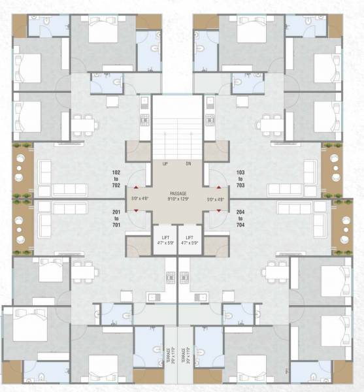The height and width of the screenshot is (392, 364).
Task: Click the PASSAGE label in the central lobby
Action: (178, 194)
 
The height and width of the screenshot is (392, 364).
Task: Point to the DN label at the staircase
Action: (188, 163)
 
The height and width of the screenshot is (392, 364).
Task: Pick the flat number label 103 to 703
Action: (240, 178)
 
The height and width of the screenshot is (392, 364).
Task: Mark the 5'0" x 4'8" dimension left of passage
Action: (141, 199)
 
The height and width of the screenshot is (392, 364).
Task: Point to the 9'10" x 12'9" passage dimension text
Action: (178, 200)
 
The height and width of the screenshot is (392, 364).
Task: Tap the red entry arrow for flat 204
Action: (219, 210)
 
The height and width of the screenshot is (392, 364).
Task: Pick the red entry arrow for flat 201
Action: (135, 210)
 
